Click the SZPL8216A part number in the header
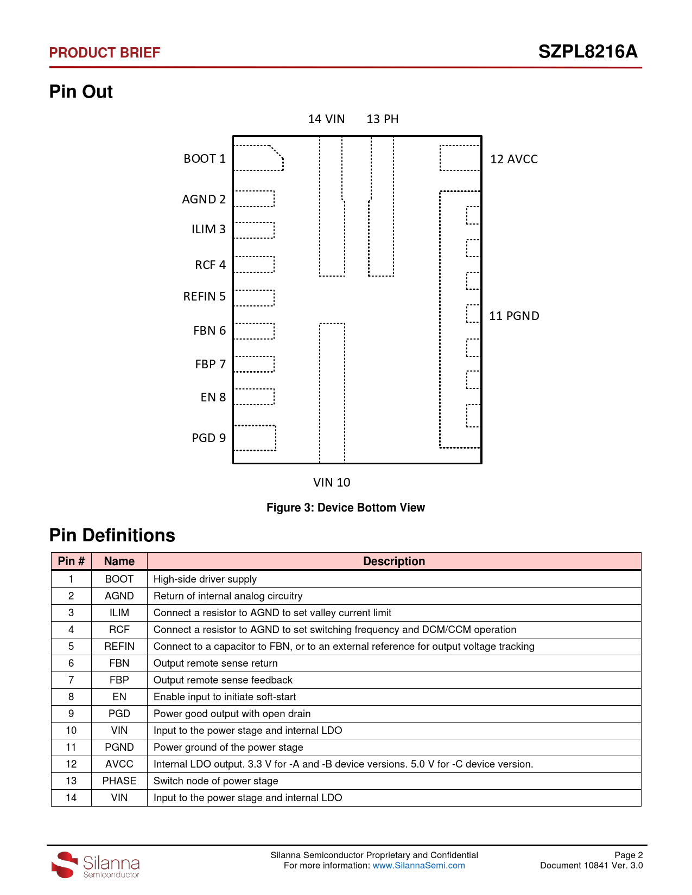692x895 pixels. pyautogui.click(x=587, y=52)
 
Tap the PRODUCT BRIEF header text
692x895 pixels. pyautogui.click(x=104, y=53)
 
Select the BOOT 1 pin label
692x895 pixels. pyautogui.click(x=204, y=158)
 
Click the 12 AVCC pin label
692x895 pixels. pyautogui.click(x=514, y=159)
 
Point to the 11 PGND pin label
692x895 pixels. pyautogui.click(x=514, y=316)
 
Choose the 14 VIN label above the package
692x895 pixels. pyautogui.click(x=326, y=119)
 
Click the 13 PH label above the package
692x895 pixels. pyautogui.click(x=383, y=119)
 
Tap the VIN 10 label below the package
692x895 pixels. pyautogui.click(x=332, y=482)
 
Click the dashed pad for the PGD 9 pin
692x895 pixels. pyautogui.click(x=255, y=438)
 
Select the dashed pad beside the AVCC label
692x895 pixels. pyautogui.click(x=460, y=158)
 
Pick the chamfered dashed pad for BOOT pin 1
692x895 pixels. pyautogui.click(x=257, y=158)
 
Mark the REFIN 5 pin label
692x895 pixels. pyautogui.click(x=204, y=296)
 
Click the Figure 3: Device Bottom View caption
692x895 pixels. pyautogui.click(x=346, y=508)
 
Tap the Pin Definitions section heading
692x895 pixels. pyautogui.click(x=112, y=535)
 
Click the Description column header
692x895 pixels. pyautogui.click(x=394, y=561)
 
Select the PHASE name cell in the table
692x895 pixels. pyautogui.click(x=119, y=781)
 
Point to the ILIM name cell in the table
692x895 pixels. pyautogui.click(x=119, y=612)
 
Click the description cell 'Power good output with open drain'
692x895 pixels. pyautogui.click(x=232, y=713)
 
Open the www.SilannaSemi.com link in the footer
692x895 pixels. pyautogui.click(x=418, y=865)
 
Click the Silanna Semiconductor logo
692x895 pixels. pyautogui.click(x=96, y=864)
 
